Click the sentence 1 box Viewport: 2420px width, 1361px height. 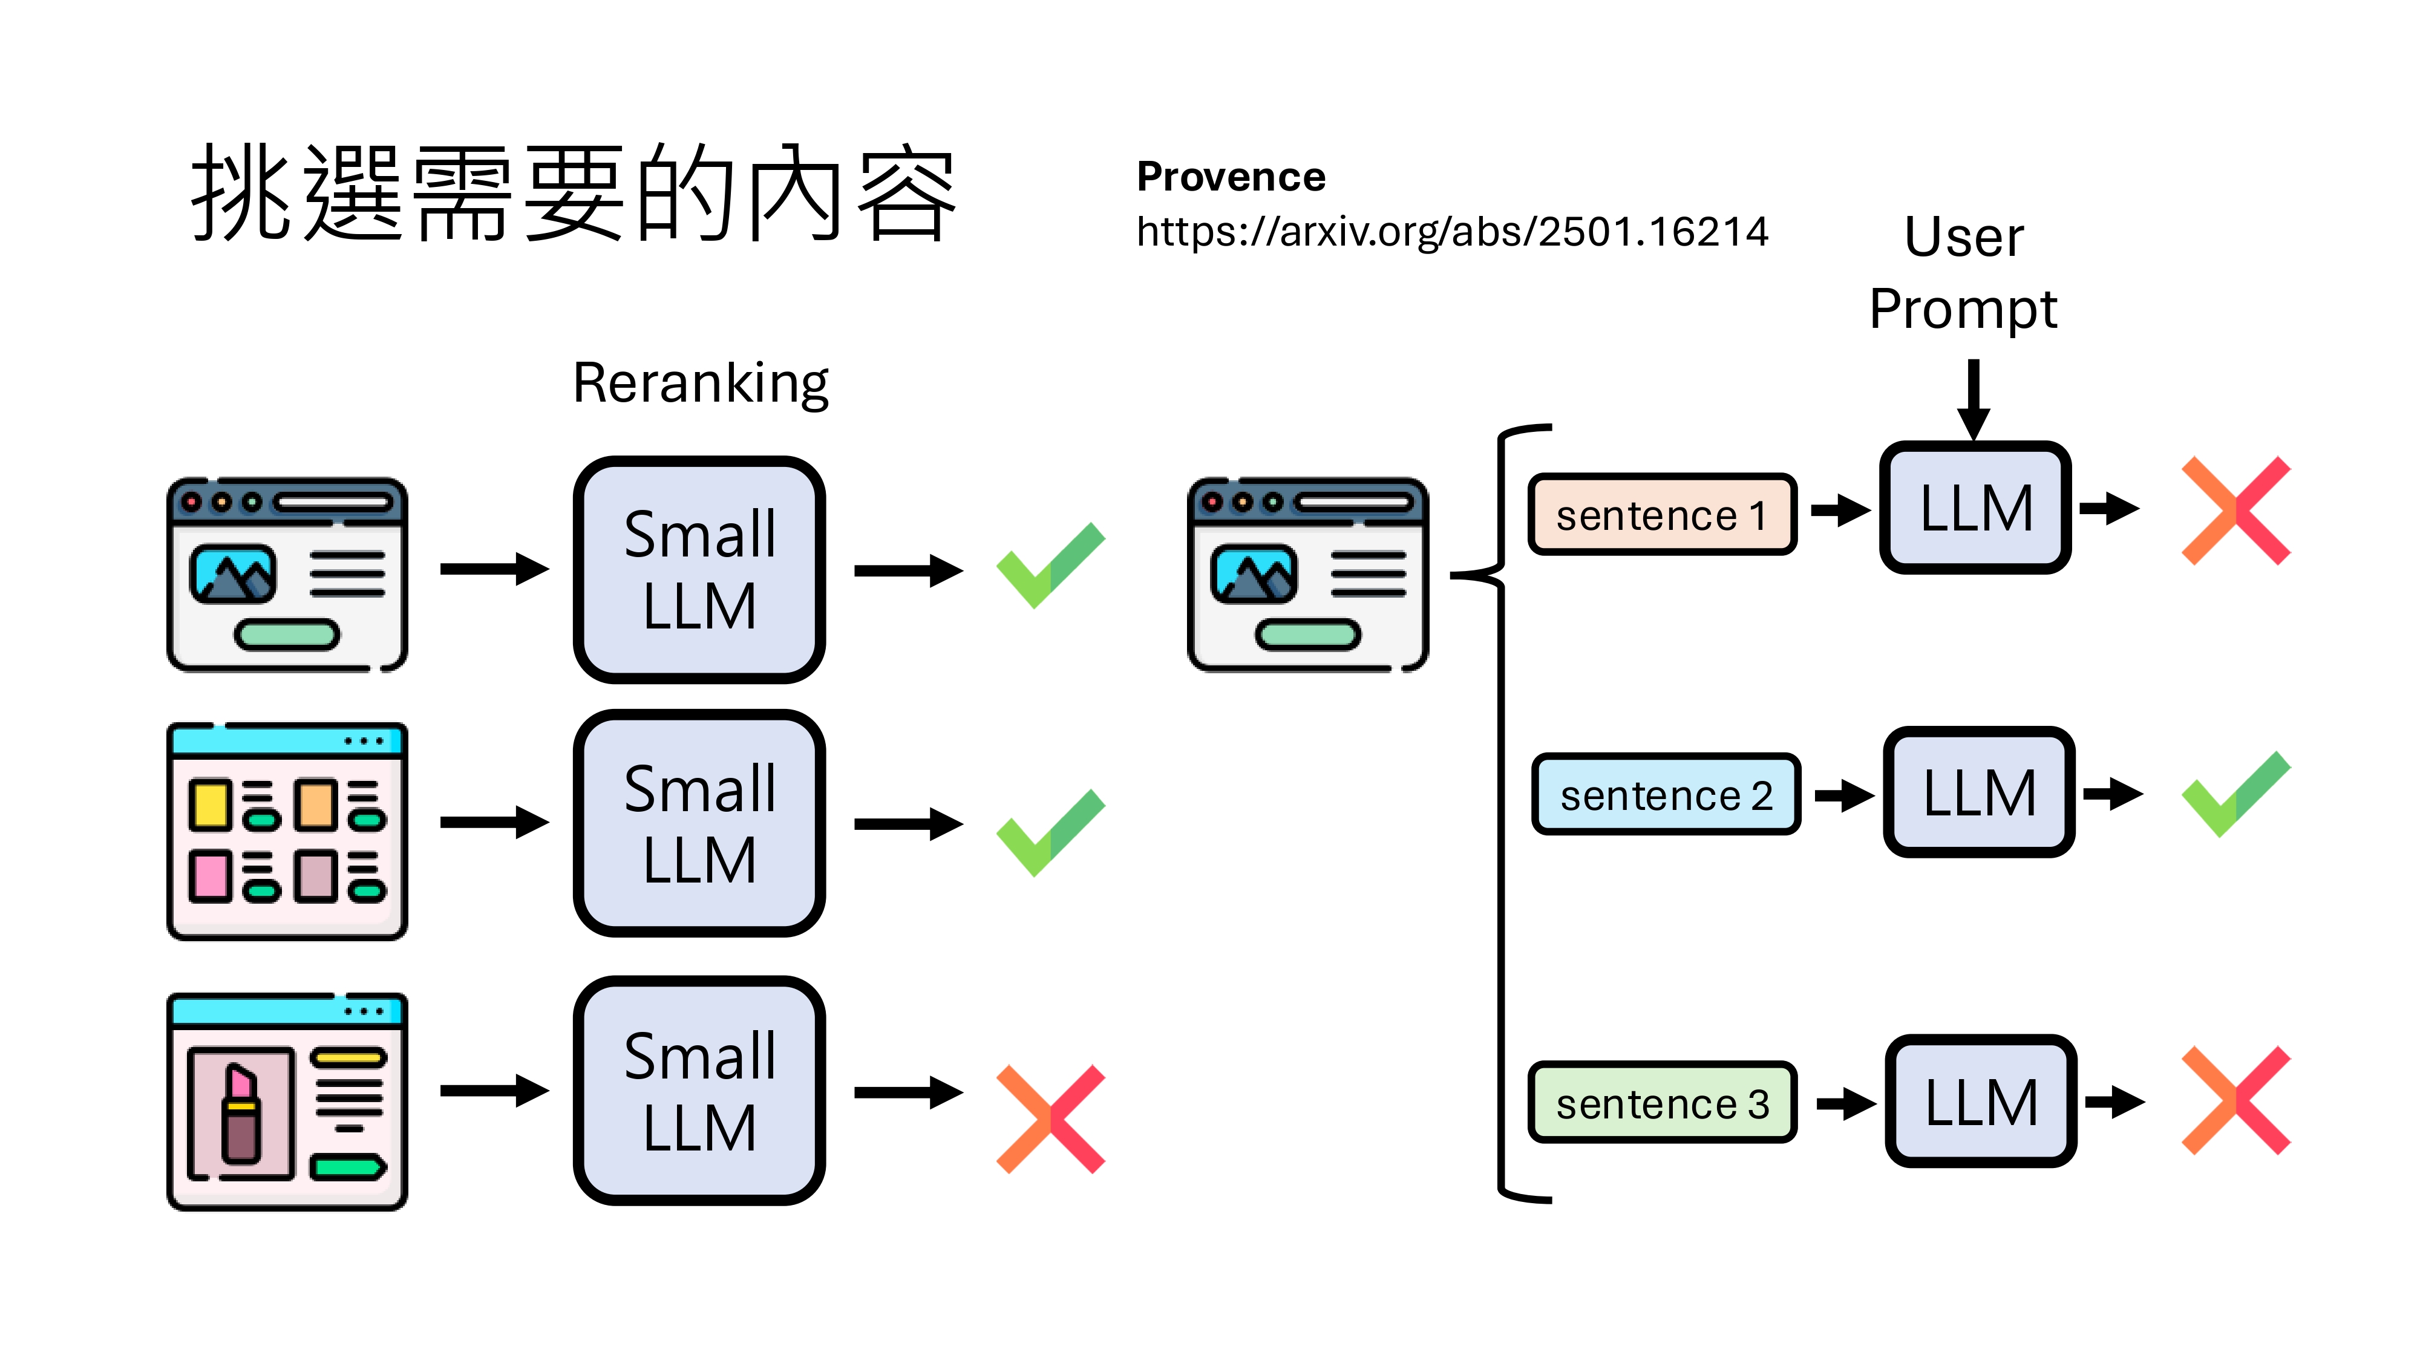pyautogui.click(x=1661, y=515)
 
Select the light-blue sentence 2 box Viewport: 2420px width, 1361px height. pyautogui.click(x=1665, y=795)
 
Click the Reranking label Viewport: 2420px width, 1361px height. pyautogui.click(x=700, y=383)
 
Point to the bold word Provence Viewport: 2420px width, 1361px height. pyautogui.click(x=1231, y=177)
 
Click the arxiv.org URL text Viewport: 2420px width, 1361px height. pyautogui.click(x=1451, y=231)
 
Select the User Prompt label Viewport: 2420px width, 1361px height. pyautogui.click(x=1963, y=272)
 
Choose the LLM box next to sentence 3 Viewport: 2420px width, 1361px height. pyautogui.click(x=1980, y=1102)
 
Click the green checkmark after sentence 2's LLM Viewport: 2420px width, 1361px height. pyautogui.click(x=2236, y=795)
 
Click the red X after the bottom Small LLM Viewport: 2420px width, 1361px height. pyautogui.click(x=1050, y=1118)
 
